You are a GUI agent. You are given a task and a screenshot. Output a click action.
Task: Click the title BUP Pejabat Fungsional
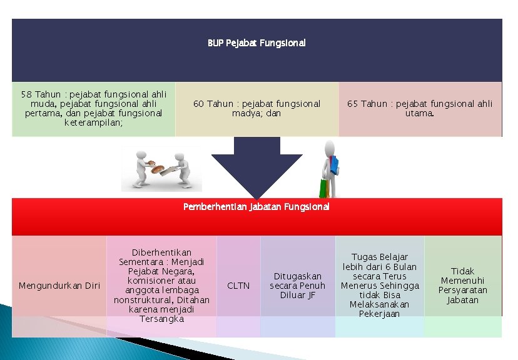pyautogui.click(x=257, y=43)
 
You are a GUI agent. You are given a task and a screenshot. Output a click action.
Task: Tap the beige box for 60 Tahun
pyautogui.click(x=256, y=109)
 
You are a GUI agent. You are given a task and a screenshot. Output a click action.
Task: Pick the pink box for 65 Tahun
pyautogui.click(x=420, y=109)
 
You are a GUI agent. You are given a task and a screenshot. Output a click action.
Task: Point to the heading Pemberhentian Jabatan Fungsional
pyautogui.click(x=256, y=206)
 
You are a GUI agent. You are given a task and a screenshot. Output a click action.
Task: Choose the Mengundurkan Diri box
pyautogui.click(x=59, y=286)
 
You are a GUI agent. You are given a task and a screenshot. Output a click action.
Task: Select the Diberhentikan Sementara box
pyautogui.click(x=161, y=286)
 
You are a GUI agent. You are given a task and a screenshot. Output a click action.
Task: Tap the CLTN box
pyautogui.click(x=238, y=286)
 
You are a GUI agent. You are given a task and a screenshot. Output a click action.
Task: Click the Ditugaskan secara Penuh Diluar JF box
pyautogui.click(x=298, y=286)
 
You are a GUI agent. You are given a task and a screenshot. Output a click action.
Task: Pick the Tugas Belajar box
pyautogui.click(x=380, y=286)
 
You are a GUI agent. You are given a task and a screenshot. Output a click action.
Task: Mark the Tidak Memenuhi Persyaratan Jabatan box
pyautogui.click(x=463, y=286)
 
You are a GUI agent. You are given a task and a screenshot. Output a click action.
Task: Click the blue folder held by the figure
pyautogui.click(x=335, y=164)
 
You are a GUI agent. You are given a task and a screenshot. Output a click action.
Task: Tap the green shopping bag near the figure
pyautogui.click(x=323, y=188)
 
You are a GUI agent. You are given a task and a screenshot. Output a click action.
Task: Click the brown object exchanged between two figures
pyautogui.click(x=156, y=167)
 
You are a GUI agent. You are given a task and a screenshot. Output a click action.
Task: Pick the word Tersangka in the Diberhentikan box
pyautogui.click(x=161, y=319)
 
